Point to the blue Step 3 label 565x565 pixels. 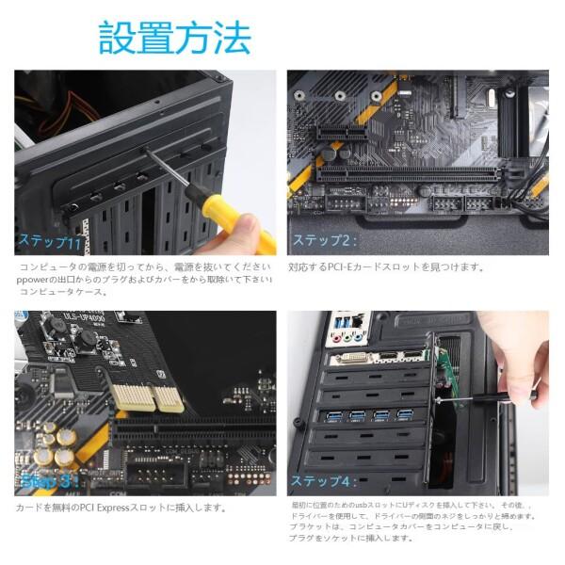pyautogui.click(x=45, y=482)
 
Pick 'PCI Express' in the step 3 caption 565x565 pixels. pyautogui.click(x=113, y=508)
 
